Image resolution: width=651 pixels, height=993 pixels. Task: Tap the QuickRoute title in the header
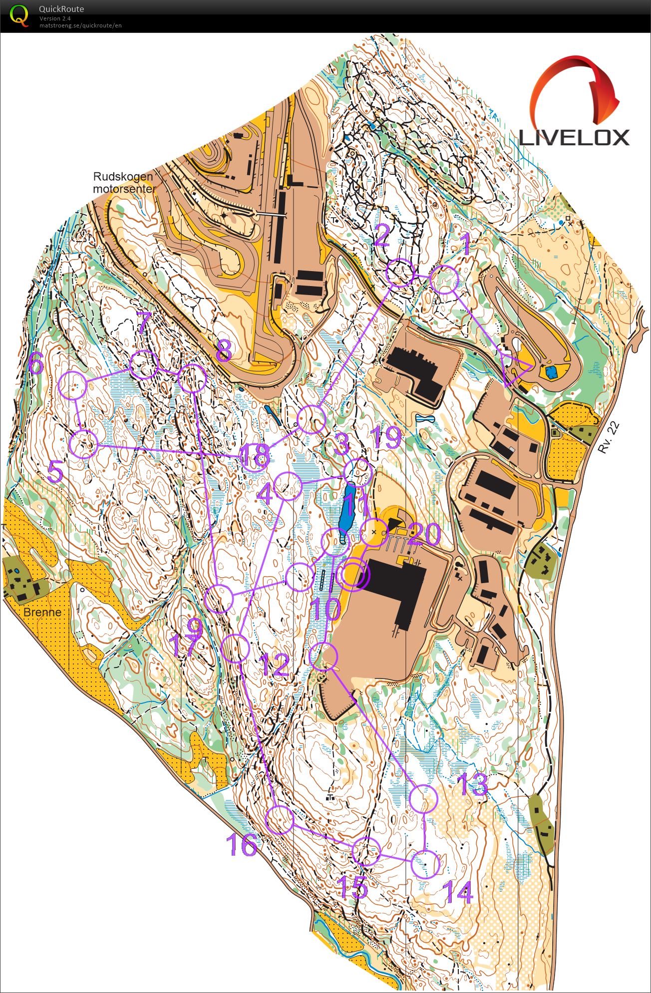pos(61,9)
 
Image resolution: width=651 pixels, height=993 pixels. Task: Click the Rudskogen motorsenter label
pos(123,183)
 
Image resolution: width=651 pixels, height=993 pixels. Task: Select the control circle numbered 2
pos(400,272)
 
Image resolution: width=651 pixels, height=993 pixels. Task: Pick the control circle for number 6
pos(73,385)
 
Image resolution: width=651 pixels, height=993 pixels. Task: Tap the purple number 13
pos(472,784)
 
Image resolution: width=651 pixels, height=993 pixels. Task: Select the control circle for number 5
pos(83,443)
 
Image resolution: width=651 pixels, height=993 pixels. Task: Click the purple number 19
pos(387,438)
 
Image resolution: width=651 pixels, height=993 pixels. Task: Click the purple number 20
pos(424,535)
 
